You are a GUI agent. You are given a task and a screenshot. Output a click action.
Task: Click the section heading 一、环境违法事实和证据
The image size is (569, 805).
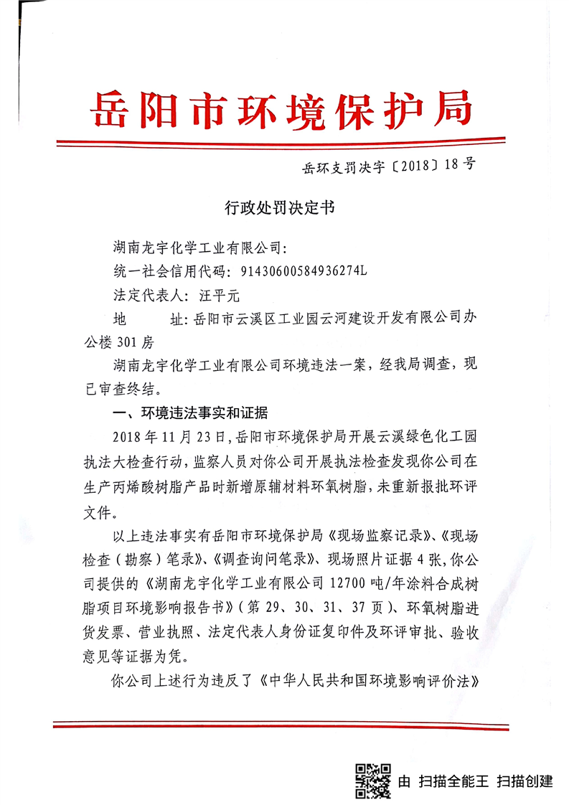pos(191,413)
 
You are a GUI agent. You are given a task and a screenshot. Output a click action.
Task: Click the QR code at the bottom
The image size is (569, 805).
pos(373,779)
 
